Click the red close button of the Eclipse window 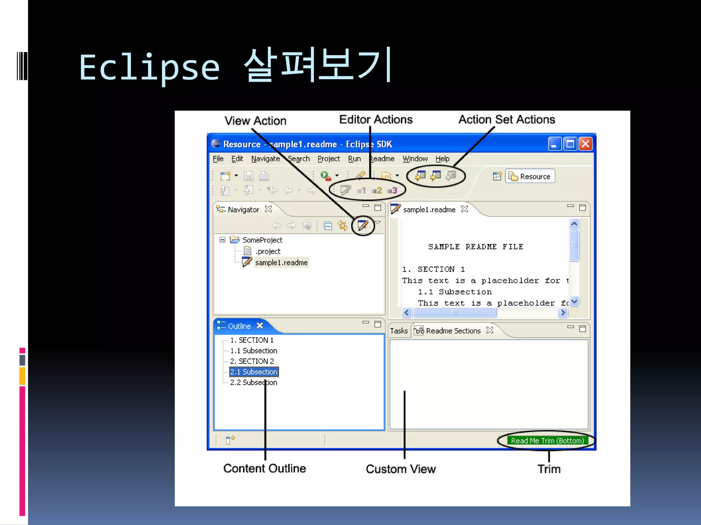click(586, 144)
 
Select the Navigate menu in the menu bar click(265, 159)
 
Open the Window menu click(415, 159)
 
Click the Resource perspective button click(530, 176)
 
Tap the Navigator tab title click(243, 210)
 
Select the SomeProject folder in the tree click(262, 240)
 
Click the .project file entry click(268, 251)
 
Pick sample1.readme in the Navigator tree click(281, 262)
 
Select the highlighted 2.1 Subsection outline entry click(253, 372)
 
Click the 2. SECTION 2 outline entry click(252, 361)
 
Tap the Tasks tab click(399, 331)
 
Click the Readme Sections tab click(453, 331)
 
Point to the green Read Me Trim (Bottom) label click(547, 441)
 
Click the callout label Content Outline click(265, 468)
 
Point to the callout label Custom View click(400, 469)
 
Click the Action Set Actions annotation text click(507, 120)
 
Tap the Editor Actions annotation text click(376, 120)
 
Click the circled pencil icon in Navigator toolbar click(363, 225)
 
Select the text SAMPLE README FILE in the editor click(475, 247)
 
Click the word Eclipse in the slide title click(149, 67)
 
